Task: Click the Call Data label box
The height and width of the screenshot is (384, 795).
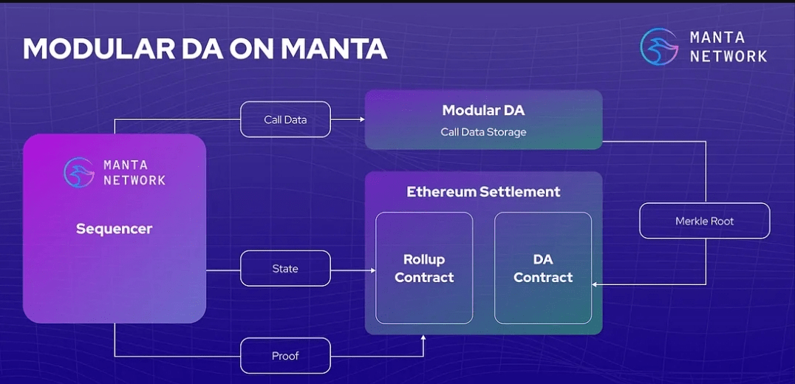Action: [285, 120]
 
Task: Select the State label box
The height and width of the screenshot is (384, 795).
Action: [285, 269]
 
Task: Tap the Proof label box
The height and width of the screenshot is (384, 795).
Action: [285, 356]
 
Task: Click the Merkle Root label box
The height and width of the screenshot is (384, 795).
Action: [704, 221]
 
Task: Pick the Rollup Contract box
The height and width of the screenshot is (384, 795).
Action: [424, 268]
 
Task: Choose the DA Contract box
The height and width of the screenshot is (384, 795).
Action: [543, 268]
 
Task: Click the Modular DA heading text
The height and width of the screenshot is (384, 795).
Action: [483, 111]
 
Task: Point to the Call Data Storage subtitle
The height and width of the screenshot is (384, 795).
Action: [483, 132]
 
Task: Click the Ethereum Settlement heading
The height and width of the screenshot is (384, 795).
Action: [483, 192]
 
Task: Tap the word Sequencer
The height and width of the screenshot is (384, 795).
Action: [114, 229]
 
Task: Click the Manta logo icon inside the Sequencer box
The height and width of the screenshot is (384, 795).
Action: [79, 172]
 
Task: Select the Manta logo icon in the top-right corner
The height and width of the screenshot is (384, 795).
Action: [659, 47]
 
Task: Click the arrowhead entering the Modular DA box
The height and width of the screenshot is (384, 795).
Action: [362, 120]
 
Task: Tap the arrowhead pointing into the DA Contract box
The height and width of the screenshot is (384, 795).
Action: [596, 284]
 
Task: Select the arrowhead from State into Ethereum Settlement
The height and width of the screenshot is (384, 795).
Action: [372, 270]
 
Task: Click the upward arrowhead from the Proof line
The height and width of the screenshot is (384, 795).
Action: [424, 338]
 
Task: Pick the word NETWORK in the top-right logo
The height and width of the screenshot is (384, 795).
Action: [728, 55]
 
